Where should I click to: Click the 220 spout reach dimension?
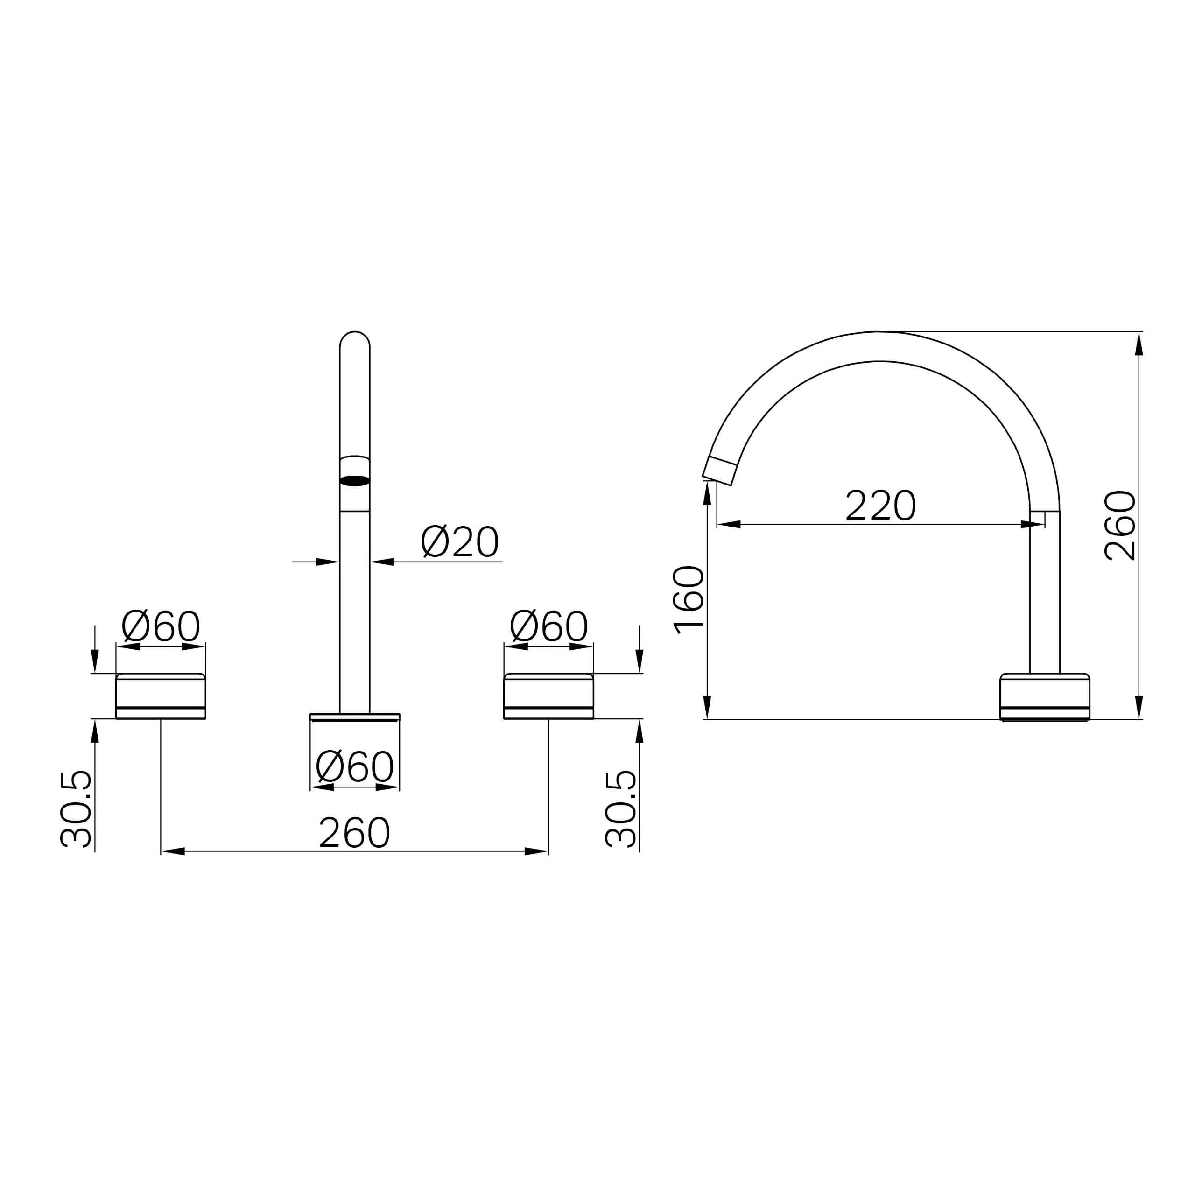[x=880, y=506]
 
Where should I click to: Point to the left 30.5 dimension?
[x=76, y=808]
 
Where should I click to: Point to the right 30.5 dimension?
[x=621, y=808]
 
